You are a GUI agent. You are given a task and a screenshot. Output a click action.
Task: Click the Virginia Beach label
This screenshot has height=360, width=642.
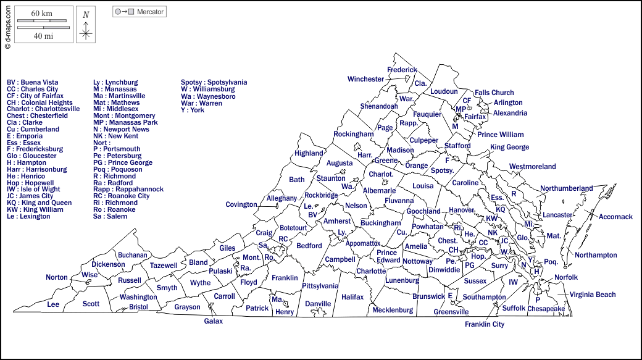(x=592, y=295)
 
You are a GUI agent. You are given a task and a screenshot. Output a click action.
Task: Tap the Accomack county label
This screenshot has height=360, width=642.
(x=615, y=217)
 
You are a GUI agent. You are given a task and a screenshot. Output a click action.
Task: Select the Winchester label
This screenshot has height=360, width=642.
(x=365, y=79)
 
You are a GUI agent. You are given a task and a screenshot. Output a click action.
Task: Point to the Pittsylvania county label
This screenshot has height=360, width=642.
(x=320, y=286)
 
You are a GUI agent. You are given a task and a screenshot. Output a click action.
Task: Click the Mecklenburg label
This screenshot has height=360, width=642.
(x=393, y=310)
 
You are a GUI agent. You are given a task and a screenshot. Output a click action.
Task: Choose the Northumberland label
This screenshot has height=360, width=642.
(x=566, y=188)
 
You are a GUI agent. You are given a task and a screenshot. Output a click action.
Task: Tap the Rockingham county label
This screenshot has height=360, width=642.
(x=353, y=134)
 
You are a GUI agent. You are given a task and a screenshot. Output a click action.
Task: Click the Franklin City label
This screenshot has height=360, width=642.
(x=485, y=324)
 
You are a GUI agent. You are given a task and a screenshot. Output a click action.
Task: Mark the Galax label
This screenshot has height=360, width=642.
(x=213, y=321)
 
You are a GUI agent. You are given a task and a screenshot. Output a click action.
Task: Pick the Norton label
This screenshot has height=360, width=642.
(x=57, y=277)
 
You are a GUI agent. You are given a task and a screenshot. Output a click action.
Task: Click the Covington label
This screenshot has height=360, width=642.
(x=241, y=204)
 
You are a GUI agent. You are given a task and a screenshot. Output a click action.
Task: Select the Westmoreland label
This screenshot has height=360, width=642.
(x=532, y=167)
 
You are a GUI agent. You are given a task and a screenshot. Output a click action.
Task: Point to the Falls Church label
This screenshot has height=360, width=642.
(x=494, y=93)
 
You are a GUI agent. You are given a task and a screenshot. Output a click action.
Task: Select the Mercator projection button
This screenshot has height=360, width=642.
(x=140, y=12)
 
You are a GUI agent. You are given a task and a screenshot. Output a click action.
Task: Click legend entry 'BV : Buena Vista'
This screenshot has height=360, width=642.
(x=33, y=82)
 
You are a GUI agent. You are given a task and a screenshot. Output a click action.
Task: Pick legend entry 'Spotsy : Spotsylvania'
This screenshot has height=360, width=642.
(x=214, y=82)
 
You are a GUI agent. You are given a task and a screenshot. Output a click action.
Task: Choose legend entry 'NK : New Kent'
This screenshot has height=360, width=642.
(x=115, y=136)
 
